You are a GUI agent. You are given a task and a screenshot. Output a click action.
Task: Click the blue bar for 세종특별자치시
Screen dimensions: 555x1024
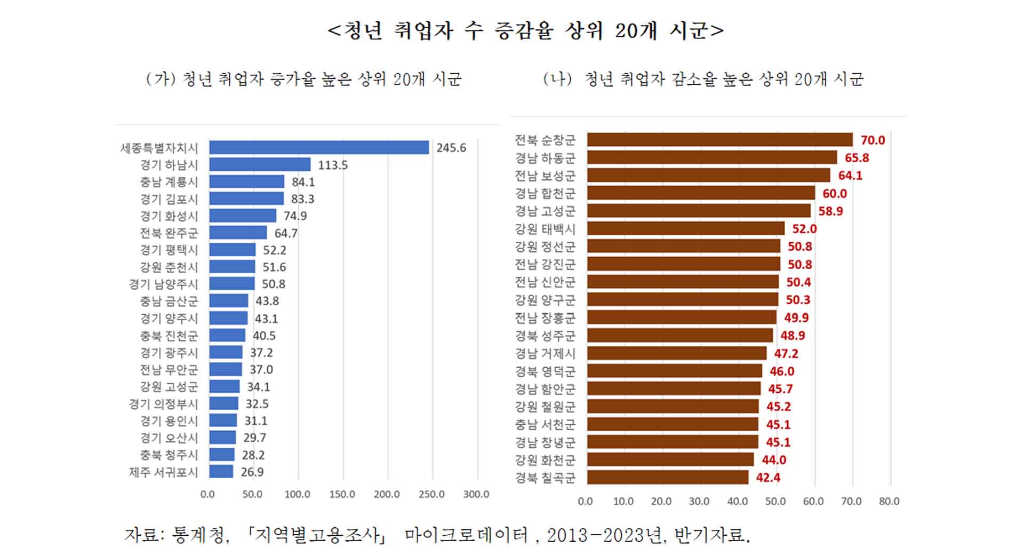tap(319, 147)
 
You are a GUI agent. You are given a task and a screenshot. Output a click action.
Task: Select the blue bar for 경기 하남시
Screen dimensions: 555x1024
tap(260, 164)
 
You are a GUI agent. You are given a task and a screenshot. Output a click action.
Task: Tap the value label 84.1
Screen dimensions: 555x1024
tap(303, 182)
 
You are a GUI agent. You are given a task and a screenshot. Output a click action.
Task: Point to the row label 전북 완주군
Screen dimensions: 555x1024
tap(169, 233)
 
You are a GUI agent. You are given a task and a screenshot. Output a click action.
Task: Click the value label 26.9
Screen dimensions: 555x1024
tap(252, 472)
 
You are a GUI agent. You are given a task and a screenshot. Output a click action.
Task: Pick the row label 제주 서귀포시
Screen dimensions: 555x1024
tap(163, 472)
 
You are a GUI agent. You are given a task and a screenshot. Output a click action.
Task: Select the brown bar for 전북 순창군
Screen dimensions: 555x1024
tap(719, 140)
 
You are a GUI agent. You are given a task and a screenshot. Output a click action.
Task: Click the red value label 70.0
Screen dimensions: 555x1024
tap(873, 140)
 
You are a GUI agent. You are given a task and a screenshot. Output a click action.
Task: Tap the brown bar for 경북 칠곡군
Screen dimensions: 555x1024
tap(667, 477)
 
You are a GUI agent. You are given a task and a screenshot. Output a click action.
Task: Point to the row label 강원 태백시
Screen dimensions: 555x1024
tap(545, 228)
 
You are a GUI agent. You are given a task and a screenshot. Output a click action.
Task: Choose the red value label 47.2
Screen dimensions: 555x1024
tap(786, 353)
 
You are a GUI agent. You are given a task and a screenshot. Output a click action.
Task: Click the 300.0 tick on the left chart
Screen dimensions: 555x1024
tap(476, 494)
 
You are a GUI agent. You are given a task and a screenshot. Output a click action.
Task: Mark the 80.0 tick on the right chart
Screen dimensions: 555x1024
tap(889, 501)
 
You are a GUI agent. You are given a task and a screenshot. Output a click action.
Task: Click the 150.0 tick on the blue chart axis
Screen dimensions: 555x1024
tap(342, 494)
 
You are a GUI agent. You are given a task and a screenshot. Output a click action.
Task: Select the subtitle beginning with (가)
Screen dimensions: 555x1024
tap(303, 79)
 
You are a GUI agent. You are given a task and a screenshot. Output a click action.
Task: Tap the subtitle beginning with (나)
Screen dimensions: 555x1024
tap(703, 79)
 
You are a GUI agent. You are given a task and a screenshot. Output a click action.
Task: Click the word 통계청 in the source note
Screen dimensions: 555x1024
tap(199, 534)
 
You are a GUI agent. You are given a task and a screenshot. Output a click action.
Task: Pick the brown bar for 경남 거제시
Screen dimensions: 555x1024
tap(676, 353)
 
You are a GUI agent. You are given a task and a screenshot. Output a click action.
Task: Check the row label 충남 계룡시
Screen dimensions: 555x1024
tap(169, 182)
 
